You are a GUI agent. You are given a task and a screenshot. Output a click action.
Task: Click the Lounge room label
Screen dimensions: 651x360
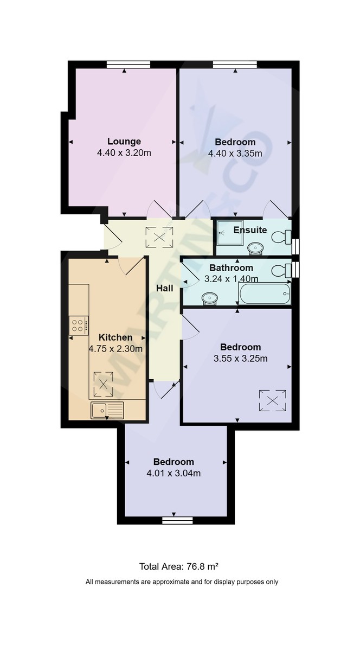pyautogui.click(x=124, y=142)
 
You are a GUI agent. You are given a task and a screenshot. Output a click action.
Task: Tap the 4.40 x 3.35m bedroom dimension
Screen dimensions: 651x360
pyautogui.click(x=235, y=154)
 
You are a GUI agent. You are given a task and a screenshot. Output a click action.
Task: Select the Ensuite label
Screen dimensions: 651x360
pyautogui.click(x=250, y=230)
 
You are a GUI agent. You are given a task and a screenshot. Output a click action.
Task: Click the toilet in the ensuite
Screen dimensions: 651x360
pyautogui.click(x=281, y=237)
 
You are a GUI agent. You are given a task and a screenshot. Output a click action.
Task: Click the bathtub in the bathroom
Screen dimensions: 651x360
pyautogui.click(x=265, y=295)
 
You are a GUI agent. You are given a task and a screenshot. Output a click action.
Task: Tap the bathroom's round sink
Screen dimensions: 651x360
pyautogui.click(x=209, y=298)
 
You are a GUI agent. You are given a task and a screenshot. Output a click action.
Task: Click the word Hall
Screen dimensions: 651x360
pyautogui.click(x=164, y=288)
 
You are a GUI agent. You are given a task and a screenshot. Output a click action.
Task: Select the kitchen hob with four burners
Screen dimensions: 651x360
pyautogui.click(x=78, y=325)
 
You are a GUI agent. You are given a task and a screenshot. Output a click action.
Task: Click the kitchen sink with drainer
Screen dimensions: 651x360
pyautogui.click(x=107, y=410)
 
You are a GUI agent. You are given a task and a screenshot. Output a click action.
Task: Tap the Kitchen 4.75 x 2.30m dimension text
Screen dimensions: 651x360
pyautogui.click(x=115, y=349)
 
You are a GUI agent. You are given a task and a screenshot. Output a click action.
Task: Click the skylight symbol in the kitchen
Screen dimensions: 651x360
pyautogui.click(x=103, y=384)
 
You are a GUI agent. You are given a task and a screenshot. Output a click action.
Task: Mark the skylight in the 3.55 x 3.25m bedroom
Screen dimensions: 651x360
pyautogui.click(x=272, y=401)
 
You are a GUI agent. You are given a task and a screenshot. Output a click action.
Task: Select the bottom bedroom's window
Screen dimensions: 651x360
pyautogui.click(x=177, y=520)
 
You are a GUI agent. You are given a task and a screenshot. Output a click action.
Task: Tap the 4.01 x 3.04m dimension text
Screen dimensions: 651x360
pyautogui.click(x=173, y=473)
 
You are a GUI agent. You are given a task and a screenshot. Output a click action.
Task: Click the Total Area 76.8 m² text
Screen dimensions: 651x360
pyautogui.click(x=179, y=566)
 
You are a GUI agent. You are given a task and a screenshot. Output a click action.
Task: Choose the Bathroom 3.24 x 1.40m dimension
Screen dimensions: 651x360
pyautogui.click(x=231, y=279)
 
